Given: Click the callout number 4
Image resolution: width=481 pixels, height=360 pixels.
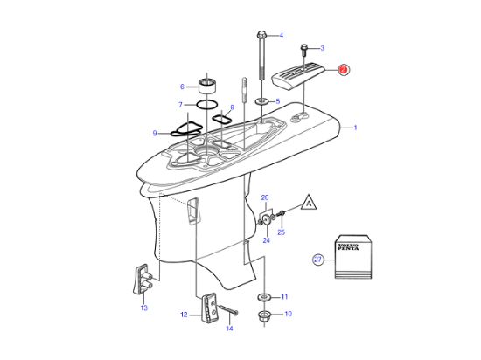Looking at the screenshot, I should pyautogui.click(x=282, y=35).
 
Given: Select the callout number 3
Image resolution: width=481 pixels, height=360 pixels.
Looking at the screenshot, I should pyautogui.click(x=322, y=48).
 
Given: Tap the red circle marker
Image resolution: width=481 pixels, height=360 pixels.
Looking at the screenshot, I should pyautogui.click(x=343, y=71).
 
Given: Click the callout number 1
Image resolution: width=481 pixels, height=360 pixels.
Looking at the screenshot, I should pyautogui.click(x=354, y=128).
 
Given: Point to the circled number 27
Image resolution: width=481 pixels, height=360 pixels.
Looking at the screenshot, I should pyautogui.click(x=317, y=259).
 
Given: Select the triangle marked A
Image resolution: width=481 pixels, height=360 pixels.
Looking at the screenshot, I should pyautogui.click(x=309, y=202).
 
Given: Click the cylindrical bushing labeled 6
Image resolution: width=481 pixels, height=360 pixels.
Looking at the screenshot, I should pyautogui.click(x=207, y=87).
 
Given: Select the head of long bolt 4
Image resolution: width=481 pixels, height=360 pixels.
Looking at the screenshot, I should pyautogui.click(x=262, y=35).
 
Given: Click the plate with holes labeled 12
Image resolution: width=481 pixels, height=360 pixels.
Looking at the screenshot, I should pyautogui.click(x=208, y=308).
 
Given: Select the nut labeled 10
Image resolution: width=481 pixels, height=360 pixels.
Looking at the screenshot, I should pyautogui.click(x=263, y=315).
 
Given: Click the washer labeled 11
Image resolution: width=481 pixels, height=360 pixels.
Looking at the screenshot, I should pyautogui.click(x=263, y=294).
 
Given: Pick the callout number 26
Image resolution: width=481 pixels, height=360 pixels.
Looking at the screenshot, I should pyautogui.click(x=265, y=198).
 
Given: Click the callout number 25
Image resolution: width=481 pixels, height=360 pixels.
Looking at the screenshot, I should pyautogui.click(x=281, y=232).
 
